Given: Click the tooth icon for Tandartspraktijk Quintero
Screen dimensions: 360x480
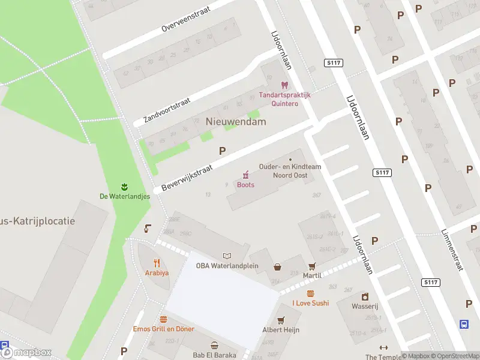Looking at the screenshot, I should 284,85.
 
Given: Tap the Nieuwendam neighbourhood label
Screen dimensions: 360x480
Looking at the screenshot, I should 236,121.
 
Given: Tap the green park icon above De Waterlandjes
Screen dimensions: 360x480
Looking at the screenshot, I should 125,185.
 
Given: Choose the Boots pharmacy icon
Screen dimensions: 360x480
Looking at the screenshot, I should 245,175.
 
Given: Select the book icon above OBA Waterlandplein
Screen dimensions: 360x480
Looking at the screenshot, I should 227,256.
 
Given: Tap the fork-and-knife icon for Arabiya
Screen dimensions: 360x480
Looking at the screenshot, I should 157,262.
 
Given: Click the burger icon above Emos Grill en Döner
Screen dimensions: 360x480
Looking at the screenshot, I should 163,320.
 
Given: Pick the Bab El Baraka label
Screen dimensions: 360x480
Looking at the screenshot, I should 214,355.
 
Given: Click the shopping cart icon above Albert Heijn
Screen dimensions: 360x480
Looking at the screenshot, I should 280,320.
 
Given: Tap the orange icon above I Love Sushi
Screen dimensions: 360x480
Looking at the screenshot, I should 310,293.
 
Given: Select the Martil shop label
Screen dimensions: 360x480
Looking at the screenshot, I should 312,275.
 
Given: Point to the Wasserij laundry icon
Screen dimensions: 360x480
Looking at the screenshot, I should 365,296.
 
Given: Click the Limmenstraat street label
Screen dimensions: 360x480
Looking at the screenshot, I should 452,250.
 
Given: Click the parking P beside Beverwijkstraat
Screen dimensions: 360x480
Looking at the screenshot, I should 223,151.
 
